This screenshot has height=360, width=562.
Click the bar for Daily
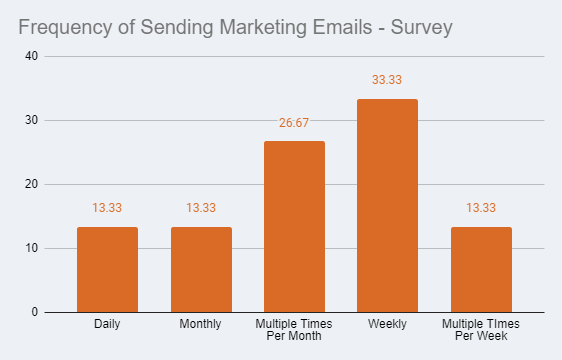(107, 269)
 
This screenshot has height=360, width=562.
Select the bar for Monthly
(201, 269)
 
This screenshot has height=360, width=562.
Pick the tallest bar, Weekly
(388, 205)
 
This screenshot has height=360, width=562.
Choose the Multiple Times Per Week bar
(481, 269)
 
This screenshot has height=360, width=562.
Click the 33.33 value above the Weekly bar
(388, 79)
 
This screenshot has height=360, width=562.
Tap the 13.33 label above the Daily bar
(107, 208)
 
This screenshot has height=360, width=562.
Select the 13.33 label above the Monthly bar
(201, 208)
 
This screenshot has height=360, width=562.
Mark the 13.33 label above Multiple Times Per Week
(481, 208)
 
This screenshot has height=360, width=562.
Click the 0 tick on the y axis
(34, 312)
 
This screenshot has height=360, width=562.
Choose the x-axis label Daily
(107, 325)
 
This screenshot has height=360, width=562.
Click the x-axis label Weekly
(388, 325)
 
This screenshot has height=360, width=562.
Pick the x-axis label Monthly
(201, 325)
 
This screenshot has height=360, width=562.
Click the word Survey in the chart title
(419, 27)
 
